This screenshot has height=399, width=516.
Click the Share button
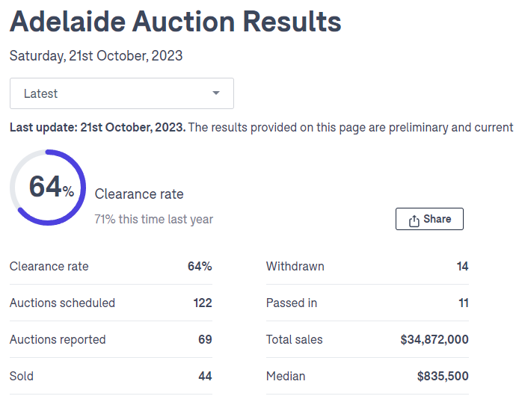tap(429, 219)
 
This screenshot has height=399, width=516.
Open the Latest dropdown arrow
tap(216, 93)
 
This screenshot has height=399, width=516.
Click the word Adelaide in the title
tap(65, 22)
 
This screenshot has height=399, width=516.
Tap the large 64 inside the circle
tap(46, 186)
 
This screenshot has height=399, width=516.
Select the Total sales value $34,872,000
tap(434, 339)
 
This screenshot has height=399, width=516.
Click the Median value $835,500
tap(443, 376)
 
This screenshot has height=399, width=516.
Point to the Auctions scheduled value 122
tap(203, 303)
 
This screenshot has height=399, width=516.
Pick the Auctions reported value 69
tap(205, 339)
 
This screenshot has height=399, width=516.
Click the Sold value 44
tap(205, 376)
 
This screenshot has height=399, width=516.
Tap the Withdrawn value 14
tap(462, 266)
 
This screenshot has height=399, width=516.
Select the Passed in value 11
tap(464, 303)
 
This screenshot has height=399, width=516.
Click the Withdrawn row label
tap(295, 266)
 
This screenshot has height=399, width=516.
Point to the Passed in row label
tap(292, 303)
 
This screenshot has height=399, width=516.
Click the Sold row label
tap(22, 376)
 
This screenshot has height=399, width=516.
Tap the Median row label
tap(286, 376)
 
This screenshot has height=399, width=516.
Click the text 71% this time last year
tap(153, 219)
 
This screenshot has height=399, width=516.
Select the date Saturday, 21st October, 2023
tap(96, 56)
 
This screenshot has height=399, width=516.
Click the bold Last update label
tap(97, 127)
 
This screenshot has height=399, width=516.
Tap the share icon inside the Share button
tap(414, 220)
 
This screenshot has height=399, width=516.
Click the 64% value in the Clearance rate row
tap(200, 266)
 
